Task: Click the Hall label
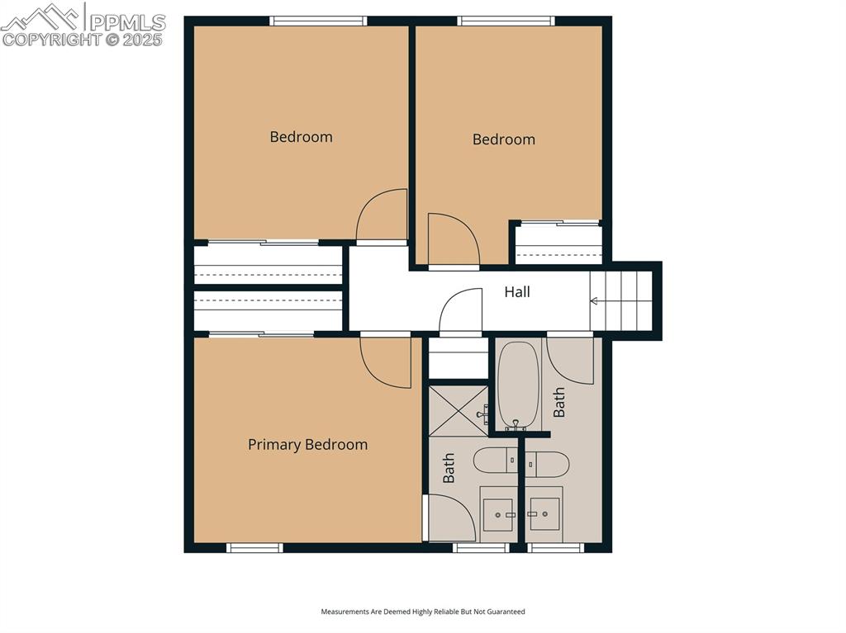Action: click(517, 292)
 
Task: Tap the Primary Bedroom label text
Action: click(307, 445)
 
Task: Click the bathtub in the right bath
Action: click(518, 385)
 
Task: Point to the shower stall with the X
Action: click(458, 410)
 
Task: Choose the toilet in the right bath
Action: click(547, 465)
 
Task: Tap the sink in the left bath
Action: click(498, 514)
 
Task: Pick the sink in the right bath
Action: click(544, 514)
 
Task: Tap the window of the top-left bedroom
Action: click(318, 21)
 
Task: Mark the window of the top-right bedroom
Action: click(506, 21)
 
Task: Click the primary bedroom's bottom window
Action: click(254, 548)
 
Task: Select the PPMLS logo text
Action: click(127, 22)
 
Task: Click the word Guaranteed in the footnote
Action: click(506, 612)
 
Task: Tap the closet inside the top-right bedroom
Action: click(558, 243)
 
